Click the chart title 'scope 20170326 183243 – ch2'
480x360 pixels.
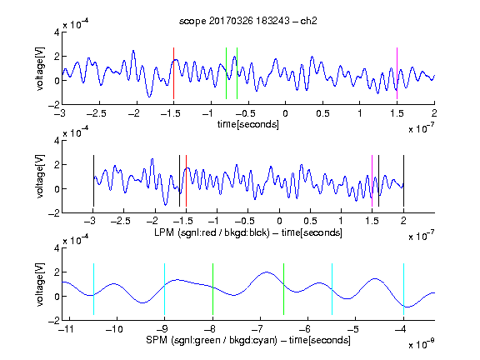pos(248,21)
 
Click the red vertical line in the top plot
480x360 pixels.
pos(173,73)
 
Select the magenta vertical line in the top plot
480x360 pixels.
pos(397,73)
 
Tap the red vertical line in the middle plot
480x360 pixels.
pos(186,181)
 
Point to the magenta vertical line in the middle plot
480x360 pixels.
pos(372,181)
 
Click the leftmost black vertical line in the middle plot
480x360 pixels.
pos(93,181)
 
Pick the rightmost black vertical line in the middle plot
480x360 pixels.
pos(403,181)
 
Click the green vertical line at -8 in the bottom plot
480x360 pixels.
pos(212,289)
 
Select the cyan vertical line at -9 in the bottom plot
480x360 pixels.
pos(165,289)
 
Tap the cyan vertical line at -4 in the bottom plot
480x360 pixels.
pos(403,289)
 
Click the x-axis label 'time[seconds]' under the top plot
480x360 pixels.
pos(248,124)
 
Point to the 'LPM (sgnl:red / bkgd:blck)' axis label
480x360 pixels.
pos(212,232)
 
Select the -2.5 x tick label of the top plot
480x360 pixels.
pos(96,113)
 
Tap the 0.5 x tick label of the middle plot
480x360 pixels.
pos(310,221)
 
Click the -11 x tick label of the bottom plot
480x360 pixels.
pos(67,329)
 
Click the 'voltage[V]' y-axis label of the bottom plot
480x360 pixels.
pos(40,284)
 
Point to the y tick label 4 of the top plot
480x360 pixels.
pos(57,32)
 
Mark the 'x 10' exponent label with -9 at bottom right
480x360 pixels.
pos(421,343)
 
